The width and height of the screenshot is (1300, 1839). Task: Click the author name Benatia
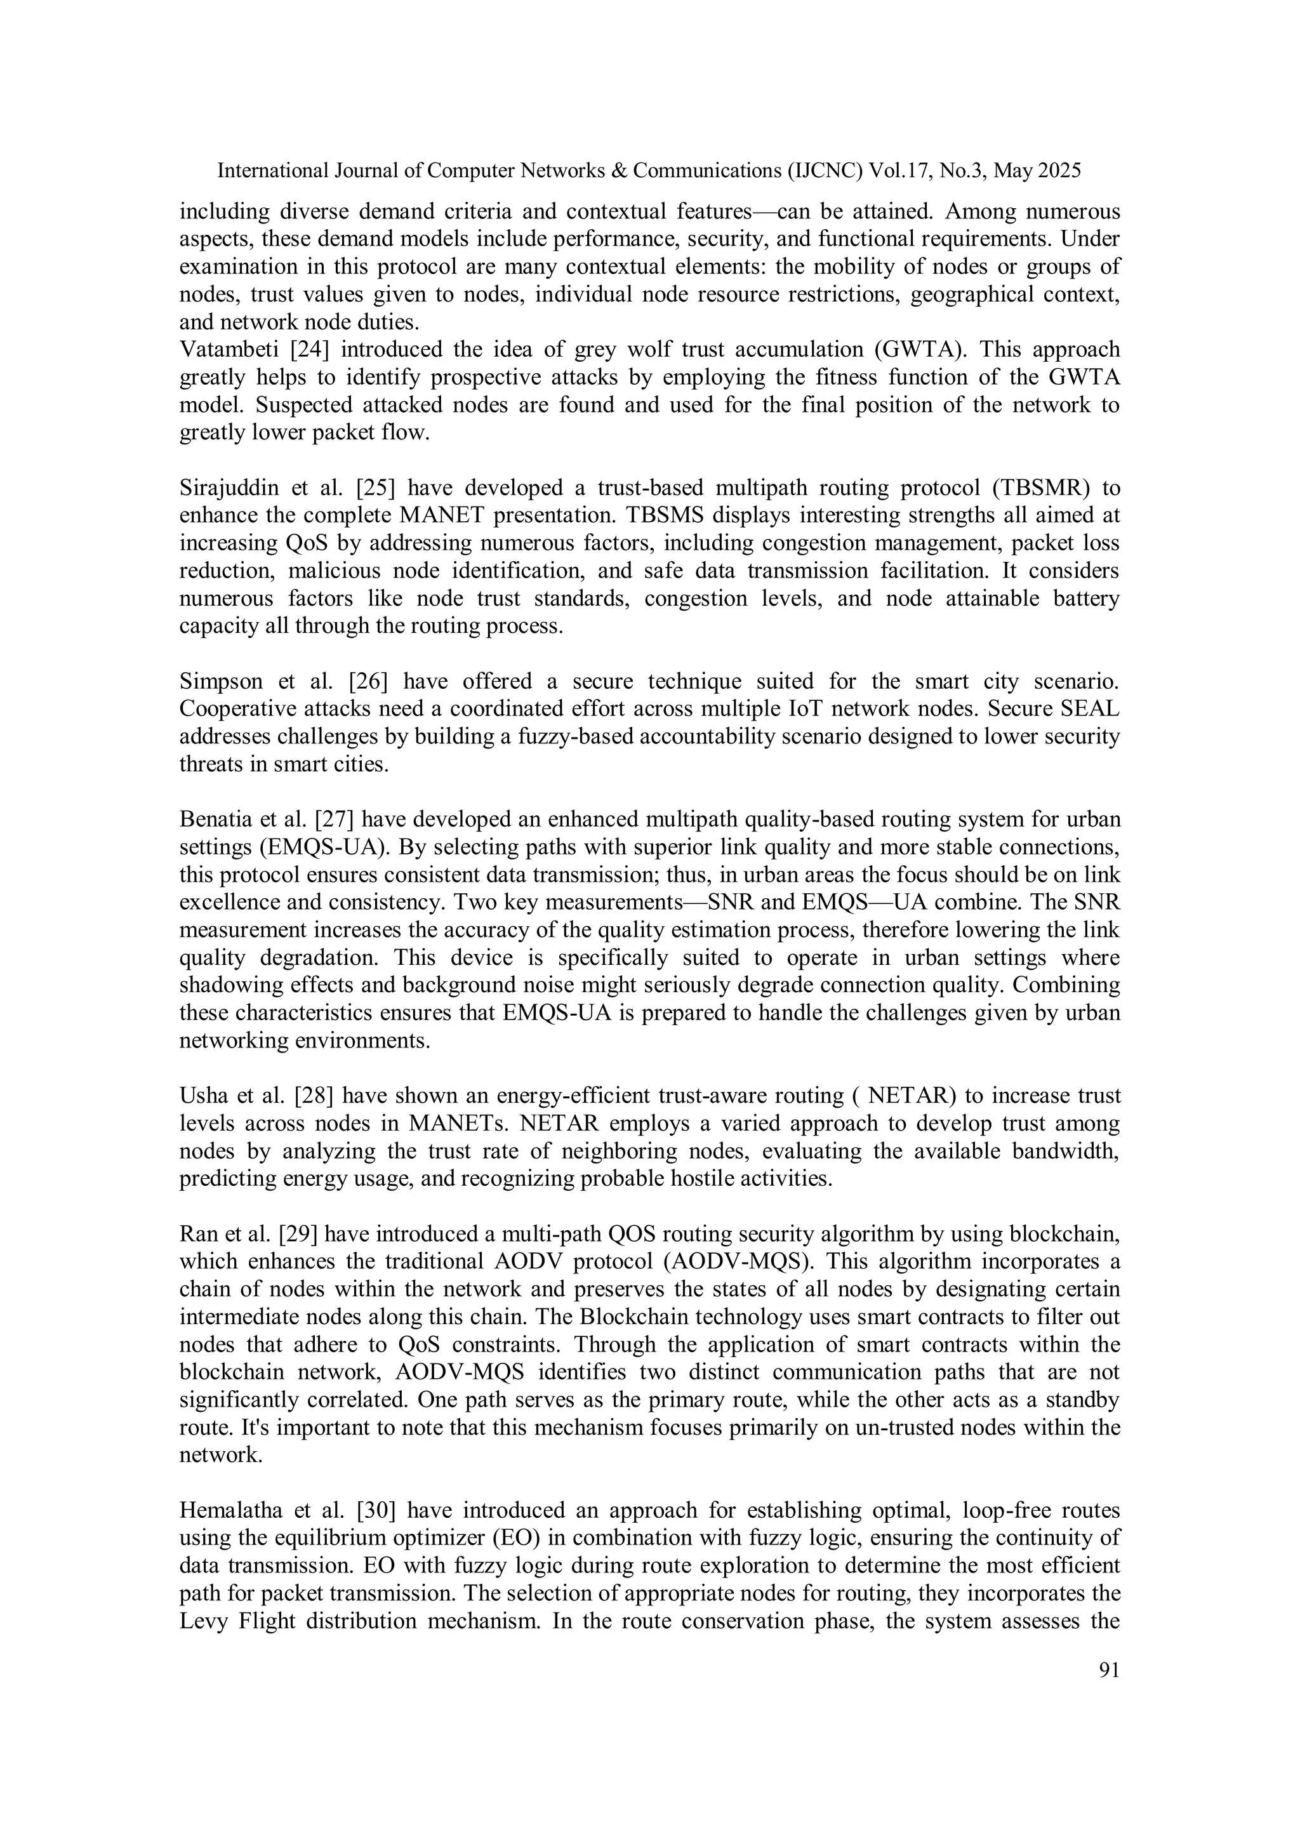(x=215, y=820)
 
